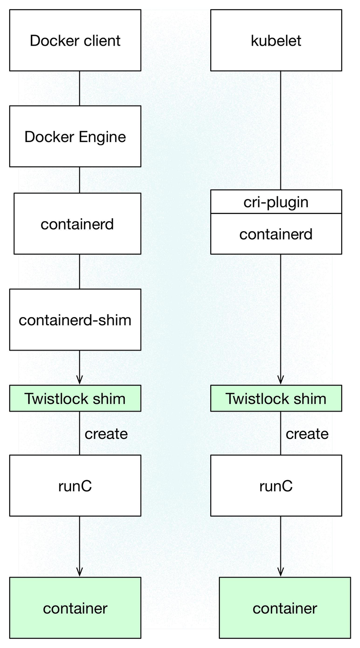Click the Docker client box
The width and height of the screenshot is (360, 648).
75,40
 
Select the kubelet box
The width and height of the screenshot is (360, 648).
276,40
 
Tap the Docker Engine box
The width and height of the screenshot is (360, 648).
75,137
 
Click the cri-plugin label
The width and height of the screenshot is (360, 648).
276,202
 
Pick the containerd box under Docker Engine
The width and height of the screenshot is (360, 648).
77,224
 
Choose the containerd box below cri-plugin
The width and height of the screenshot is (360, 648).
276,234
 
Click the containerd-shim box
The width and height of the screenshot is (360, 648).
75,319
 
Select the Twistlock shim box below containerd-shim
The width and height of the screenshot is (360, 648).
75,398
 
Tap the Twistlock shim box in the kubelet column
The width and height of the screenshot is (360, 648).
276,398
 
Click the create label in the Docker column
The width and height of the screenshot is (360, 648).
106,434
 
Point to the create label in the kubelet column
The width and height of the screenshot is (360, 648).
307,434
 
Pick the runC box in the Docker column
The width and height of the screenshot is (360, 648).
75,485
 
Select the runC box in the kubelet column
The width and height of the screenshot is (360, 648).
276,485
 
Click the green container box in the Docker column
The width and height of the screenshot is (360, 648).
75,608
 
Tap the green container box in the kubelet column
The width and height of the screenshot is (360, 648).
285,608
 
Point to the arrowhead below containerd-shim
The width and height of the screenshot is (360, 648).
80,380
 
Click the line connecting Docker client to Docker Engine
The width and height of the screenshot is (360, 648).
80,88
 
